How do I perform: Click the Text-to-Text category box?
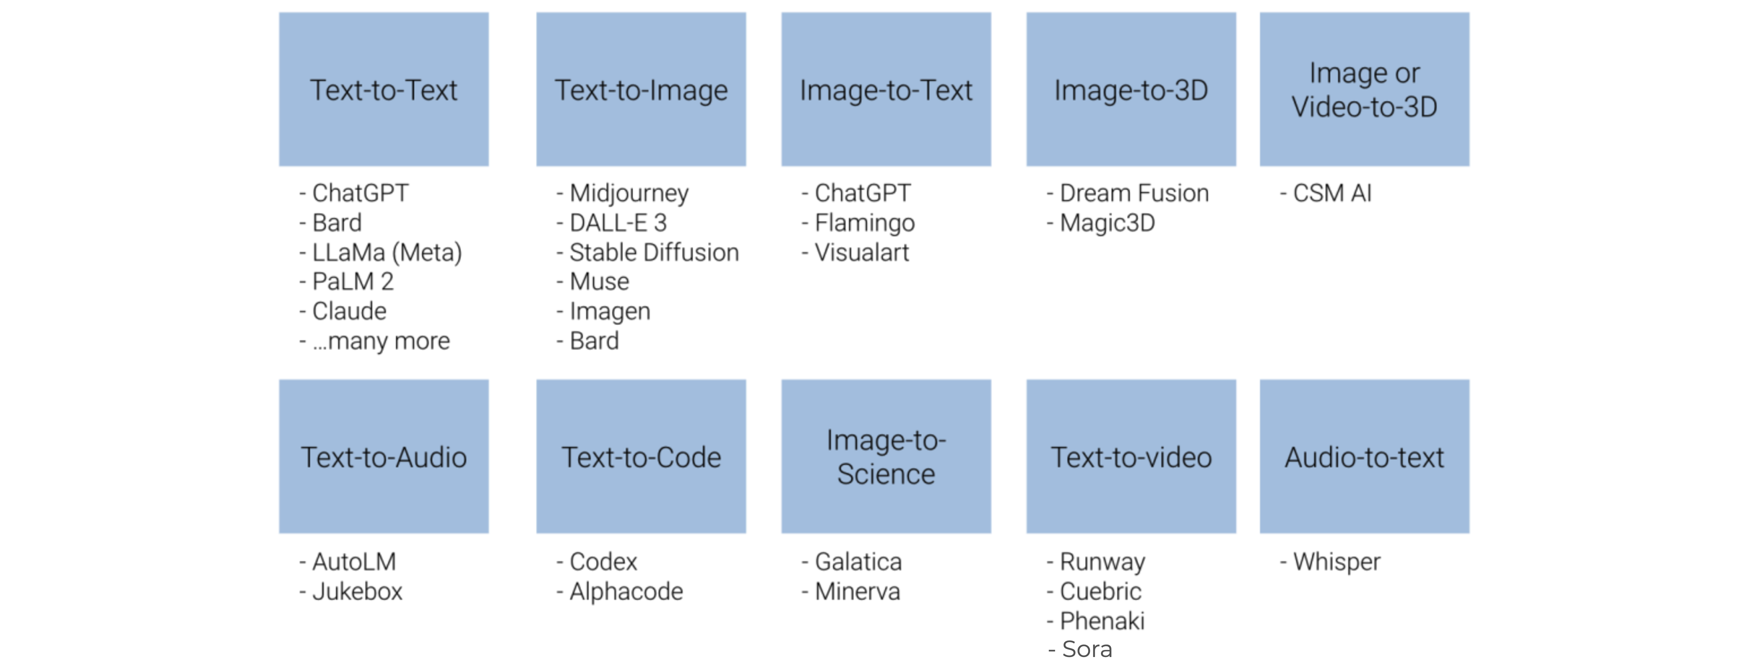(384, 89)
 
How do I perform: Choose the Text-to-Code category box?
(641, 456)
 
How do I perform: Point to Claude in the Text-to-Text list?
(349, 311)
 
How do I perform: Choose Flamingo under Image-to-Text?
(864, 223)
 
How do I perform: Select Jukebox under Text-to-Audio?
(357, 591)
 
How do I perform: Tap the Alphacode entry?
(626, 591)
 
